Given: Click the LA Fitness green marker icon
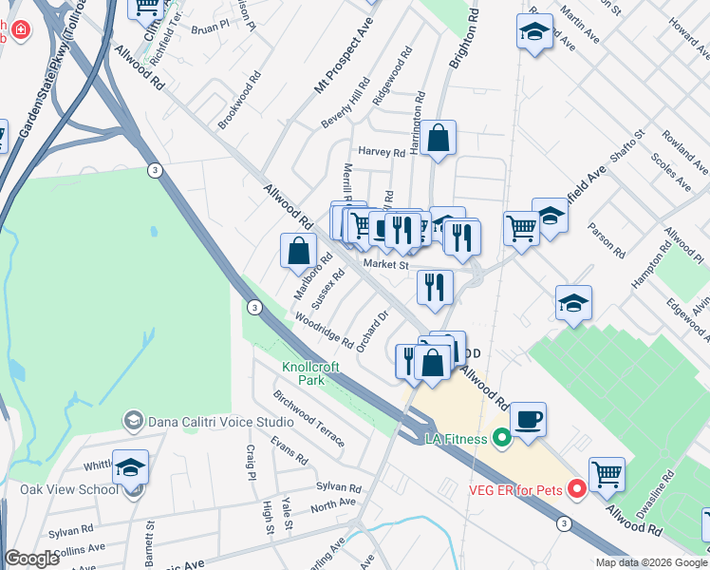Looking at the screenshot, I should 502,438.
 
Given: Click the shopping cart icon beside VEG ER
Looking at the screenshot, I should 607,472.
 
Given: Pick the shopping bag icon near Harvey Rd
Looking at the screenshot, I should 439,138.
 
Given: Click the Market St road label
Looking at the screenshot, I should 384,266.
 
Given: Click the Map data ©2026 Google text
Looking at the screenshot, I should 650,562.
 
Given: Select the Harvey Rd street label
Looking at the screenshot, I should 381,152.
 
